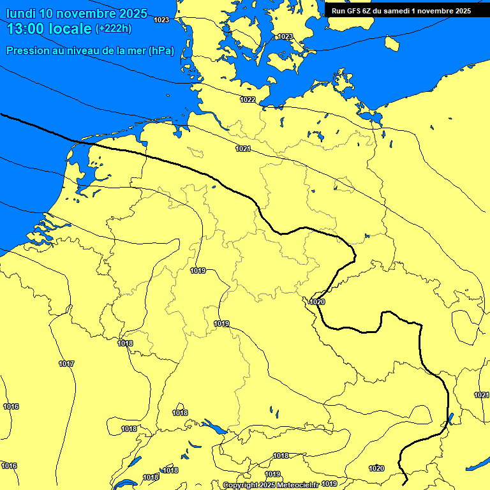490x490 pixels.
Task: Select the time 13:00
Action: (27, 29)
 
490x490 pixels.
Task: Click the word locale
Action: (73, 29)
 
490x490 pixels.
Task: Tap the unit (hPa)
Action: (161, 51)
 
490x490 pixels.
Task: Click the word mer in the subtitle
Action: (135, 51)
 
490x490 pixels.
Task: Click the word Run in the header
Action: (338, 11)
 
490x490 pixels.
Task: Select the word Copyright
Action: (240, 485)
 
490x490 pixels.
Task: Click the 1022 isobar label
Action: (248, 100)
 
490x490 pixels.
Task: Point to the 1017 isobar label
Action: (66, 364)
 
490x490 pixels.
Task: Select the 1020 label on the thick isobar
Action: (317, 302)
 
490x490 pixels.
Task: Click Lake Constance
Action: (215, 427)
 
